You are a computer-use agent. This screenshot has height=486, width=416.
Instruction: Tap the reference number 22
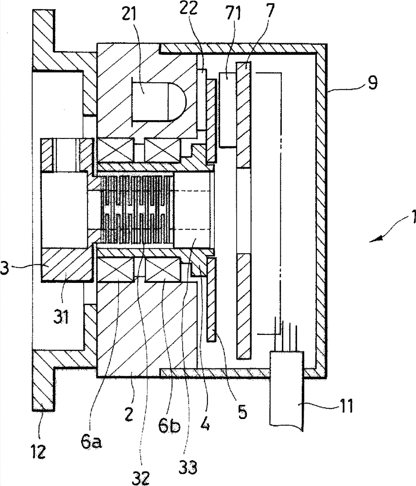click(189, 8)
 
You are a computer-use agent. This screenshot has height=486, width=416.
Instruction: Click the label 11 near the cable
click(346, 405)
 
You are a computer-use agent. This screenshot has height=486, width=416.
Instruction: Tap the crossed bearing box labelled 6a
click(116, 270)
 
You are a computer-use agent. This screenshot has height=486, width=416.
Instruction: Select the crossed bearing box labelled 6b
click(162, 270)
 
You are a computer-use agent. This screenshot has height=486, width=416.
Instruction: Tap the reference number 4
click(206, 422)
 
